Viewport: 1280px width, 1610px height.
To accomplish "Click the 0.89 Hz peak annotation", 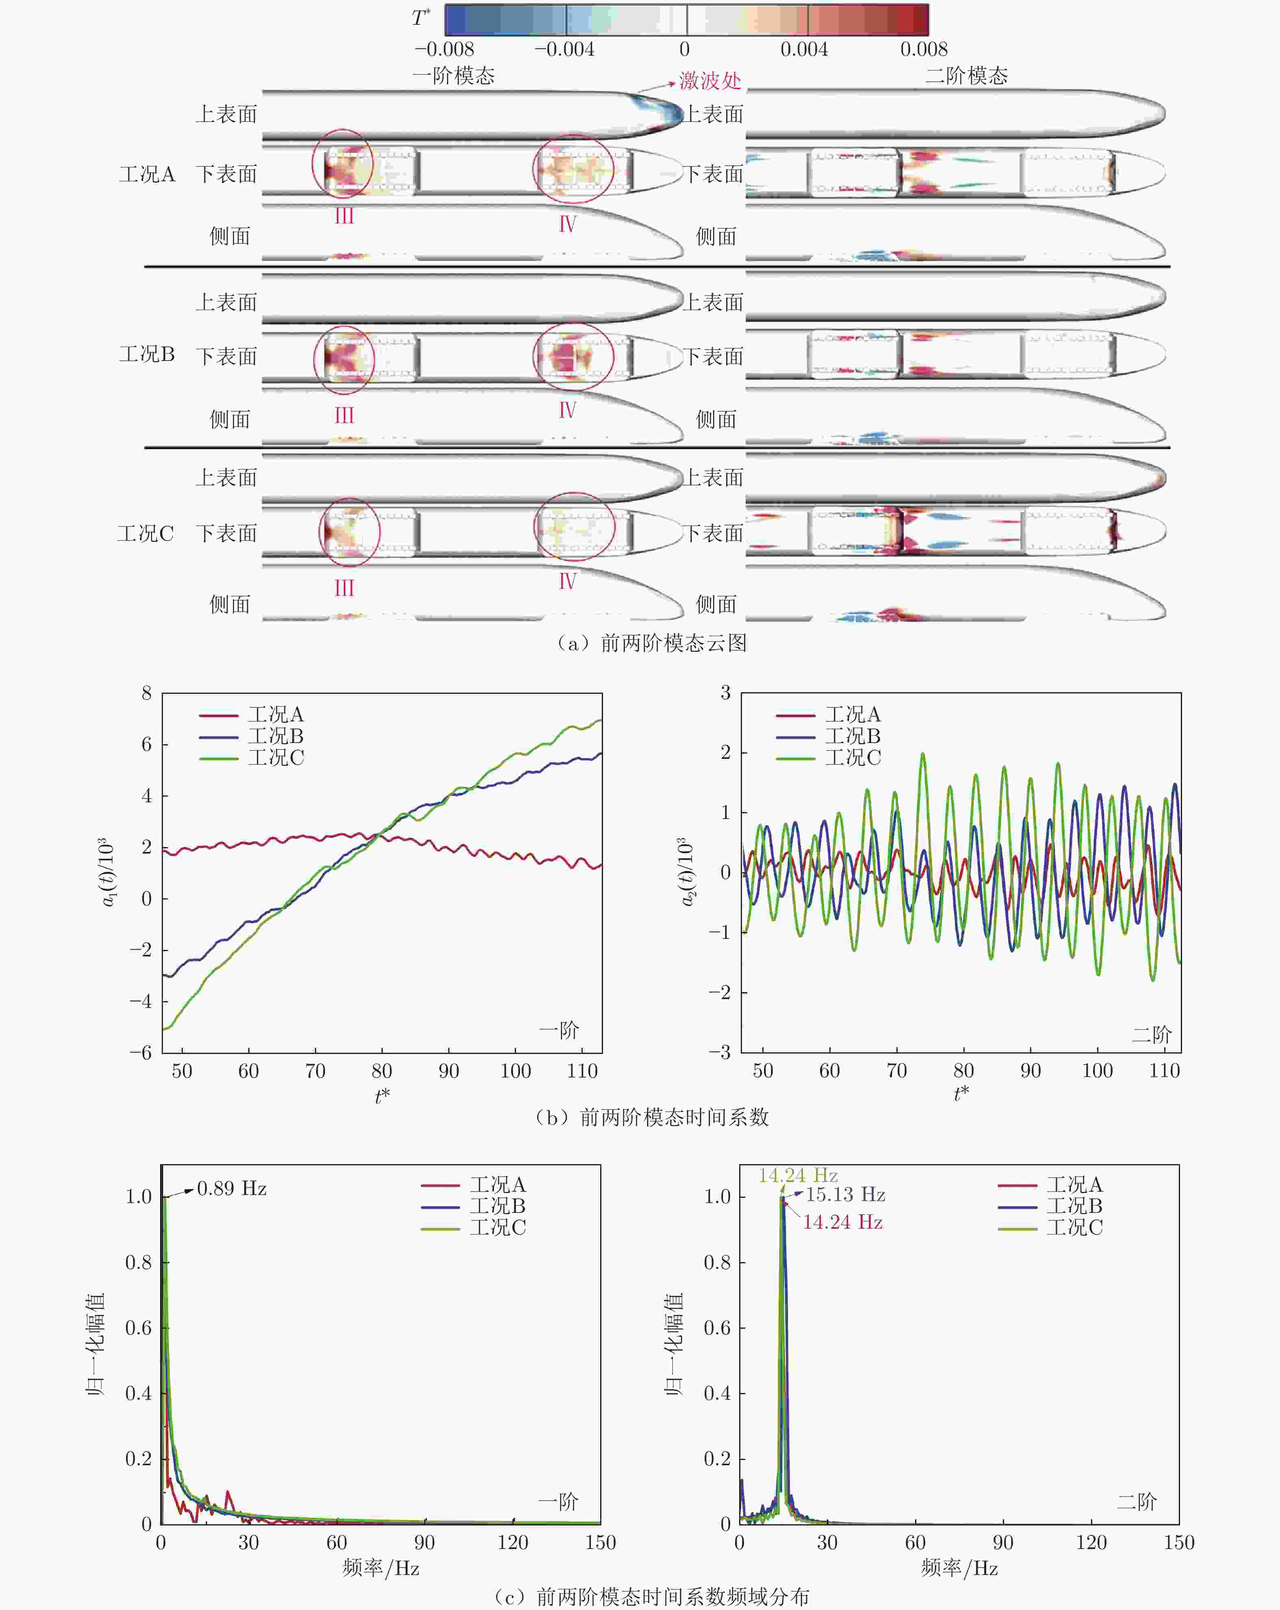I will coord(231,1188).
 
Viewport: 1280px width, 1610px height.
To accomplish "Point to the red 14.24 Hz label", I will coord(843,1222).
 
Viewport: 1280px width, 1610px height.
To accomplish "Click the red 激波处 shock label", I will coord(710,80).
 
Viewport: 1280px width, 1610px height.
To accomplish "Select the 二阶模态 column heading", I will coord(967,76).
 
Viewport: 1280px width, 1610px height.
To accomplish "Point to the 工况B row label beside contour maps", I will coord(147,354).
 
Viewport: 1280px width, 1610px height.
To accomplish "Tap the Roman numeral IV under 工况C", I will coord(567,581).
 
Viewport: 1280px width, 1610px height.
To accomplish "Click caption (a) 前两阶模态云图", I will coord(651,643).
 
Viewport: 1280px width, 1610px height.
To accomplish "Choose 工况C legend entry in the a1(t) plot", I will coord(276,757).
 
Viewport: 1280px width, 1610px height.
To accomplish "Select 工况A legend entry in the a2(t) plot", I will coord(853,715).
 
